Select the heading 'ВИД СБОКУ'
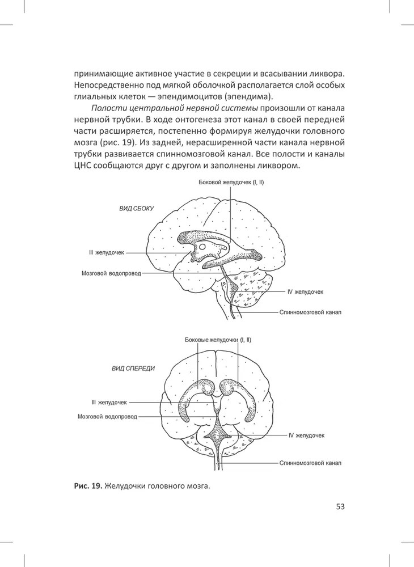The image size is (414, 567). point(136,209)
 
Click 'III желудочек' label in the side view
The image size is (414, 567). point(105,252)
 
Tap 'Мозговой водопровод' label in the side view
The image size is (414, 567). point(109,273)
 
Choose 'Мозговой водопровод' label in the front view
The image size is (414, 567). point(107,416)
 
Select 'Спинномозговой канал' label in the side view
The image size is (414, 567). point(311,312)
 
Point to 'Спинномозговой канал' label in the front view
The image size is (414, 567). point(310,463)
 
